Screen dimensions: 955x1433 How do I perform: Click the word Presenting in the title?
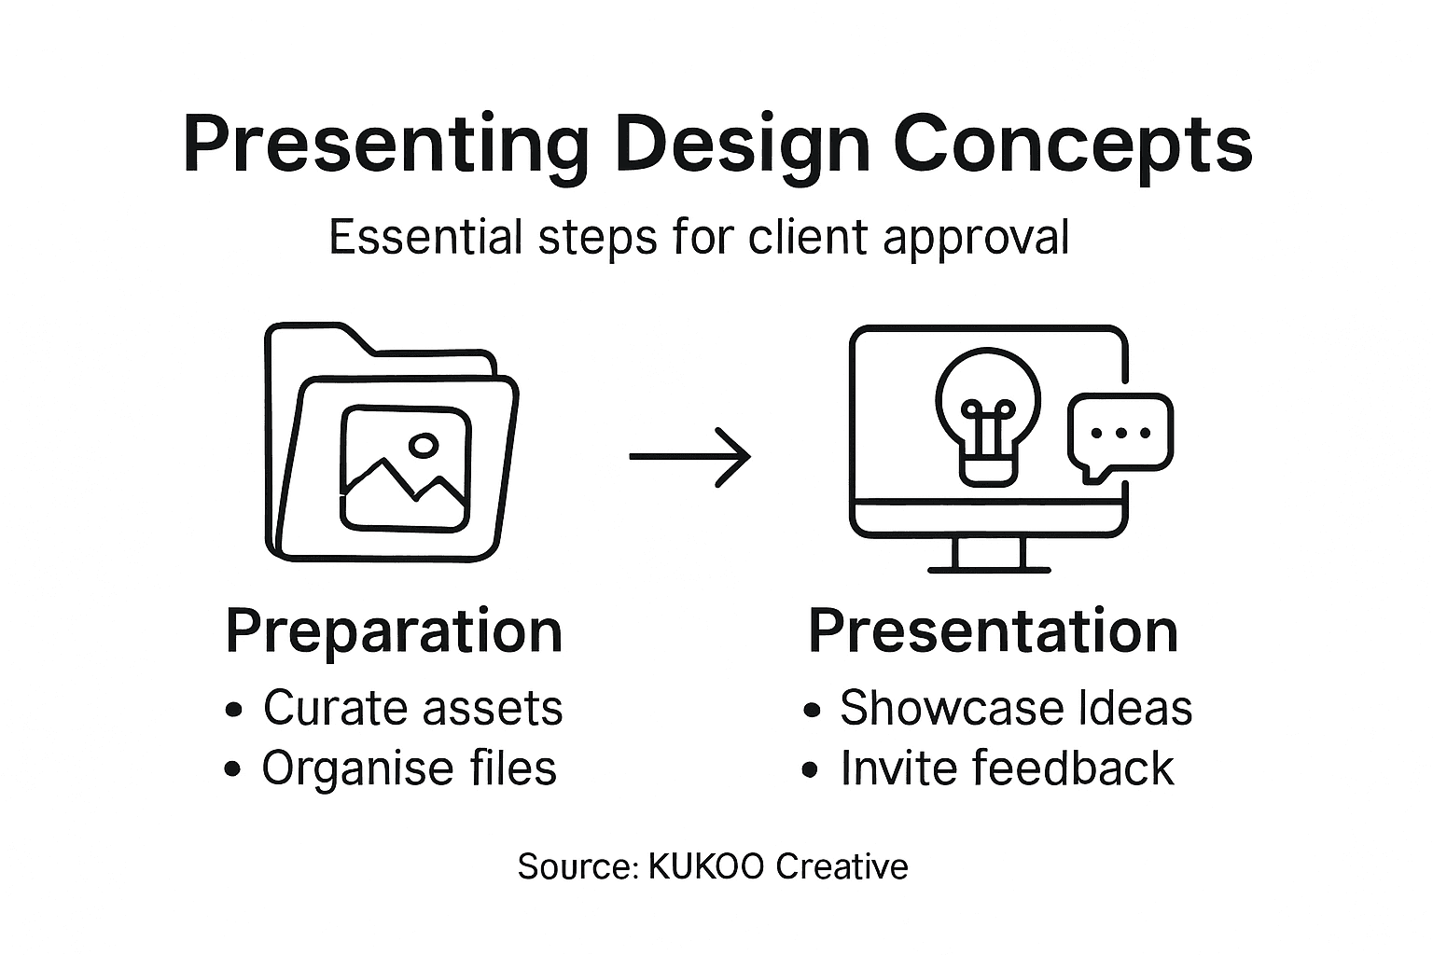386,145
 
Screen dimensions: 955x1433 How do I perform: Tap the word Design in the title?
742,145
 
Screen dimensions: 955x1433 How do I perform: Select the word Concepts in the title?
1072,145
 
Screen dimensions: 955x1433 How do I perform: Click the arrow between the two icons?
689,456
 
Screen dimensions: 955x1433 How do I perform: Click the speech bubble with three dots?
1120,435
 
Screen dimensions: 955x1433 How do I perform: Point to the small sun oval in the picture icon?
424,446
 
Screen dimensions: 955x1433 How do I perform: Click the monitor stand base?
989,567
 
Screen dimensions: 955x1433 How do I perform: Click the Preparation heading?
394,631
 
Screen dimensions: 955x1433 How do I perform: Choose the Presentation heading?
993,631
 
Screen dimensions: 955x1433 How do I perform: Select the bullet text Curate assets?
412,708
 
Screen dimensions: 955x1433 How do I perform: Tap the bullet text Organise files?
409,768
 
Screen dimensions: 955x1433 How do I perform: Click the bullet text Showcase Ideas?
1015,708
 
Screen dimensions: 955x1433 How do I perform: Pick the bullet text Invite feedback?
1007,768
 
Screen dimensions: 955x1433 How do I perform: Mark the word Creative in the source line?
842,866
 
